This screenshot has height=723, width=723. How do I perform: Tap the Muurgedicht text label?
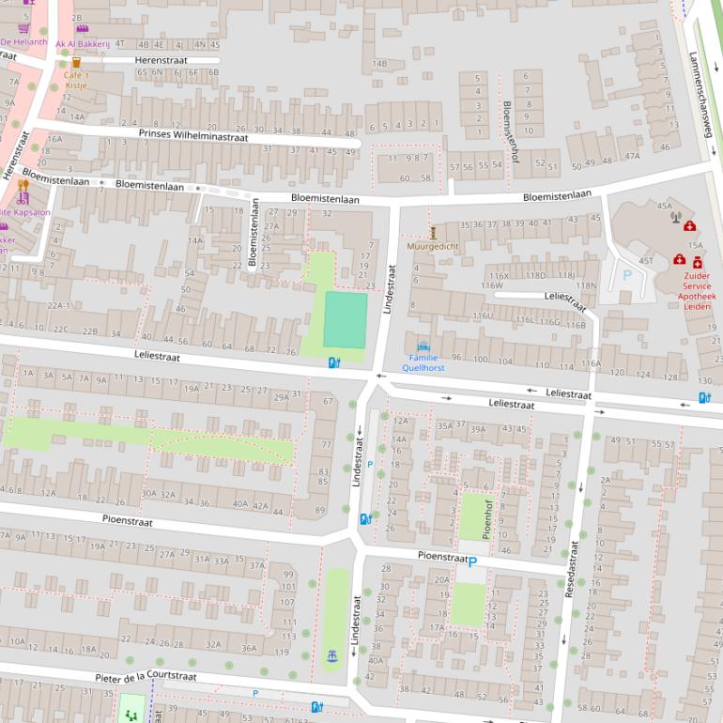[x=433, y=246]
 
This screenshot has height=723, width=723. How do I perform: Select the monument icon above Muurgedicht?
[x=433, y=232]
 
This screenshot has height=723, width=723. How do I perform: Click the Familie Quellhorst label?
[x=423, y=362]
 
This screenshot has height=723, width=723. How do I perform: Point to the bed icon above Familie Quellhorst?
[x=423, y=346]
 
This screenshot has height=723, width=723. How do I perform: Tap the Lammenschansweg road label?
[x=699, y=94]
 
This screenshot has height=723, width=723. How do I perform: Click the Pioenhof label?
[x=487, y=516]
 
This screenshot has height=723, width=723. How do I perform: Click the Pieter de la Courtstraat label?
[x=146, y=676]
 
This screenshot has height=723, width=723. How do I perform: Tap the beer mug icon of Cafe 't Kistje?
[x=76, y=62]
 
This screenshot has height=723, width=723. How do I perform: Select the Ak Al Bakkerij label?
[x=83, y=44]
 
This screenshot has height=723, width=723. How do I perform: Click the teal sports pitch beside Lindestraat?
[x=346, y=319]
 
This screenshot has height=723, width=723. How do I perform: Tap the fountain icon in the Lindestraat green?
[x=331, y=655]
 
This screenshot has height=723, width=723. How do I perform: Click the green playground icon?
[x=131, y=713]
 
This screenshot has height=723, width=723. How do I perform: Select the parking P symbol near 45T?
[x=627, y=276]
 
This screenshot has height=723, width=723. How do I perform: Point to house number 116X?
[x=499, y=276]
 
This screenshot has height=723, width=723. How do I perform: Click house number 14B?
[x=379, y=63]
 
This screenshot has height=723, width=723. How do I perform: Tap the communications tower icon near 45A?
[x=674, y=218]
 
